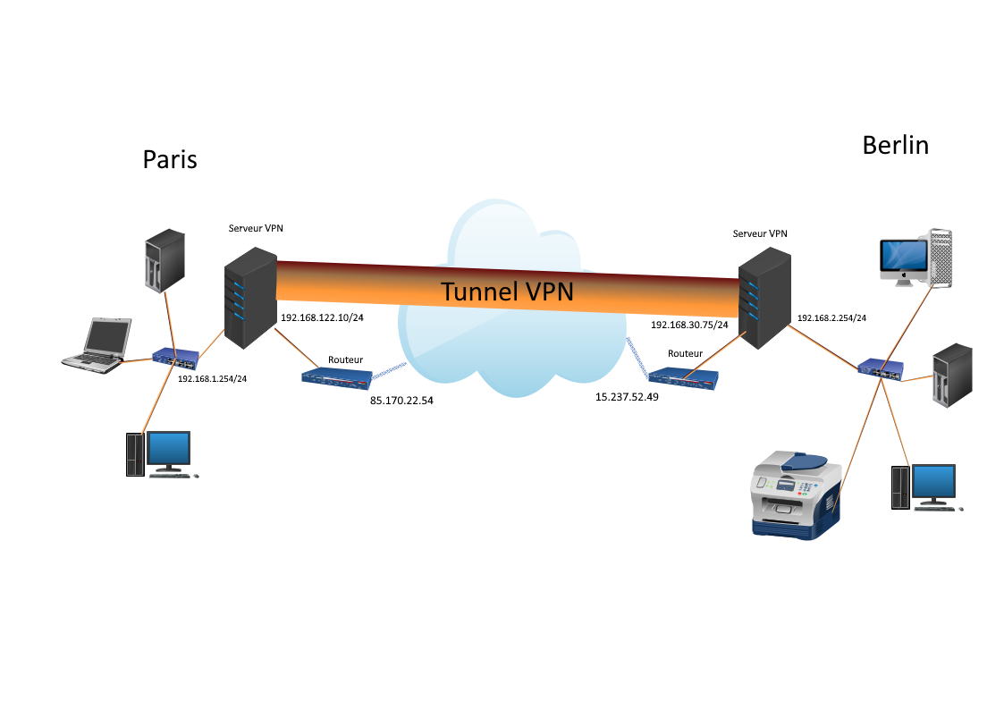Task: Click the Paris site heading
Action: pyautogui.click(x=170, y=160)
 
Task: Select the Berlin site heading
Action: pyautogui.click(x=895, y=145)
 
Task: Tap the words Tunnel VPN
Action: pyautogui.click(x=507, y=292)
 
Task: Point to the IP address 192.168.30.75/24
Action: pyautogui.click(x=689, y=325)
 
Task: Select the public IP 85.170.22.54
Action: pyautogui.click(x=401, y=401)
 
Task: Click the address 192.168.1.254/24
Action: pyautogui.click(x=212, y=379)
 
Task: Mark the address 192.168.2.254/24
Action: pyautogui.click(x=831, y=317)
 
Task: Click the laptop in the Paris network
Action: pyautogui.click(x=97, y=344)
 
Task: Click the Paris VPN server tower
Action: pyautogui.click(x=249, y=298)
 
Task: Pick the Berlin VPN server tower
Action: pyautogui.click(x=760, y=298)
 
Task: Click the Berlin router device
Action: pyautogui.click(x=684, y=379)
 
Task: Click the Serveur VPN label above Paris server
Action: pyautogui.click(x=256, y=228)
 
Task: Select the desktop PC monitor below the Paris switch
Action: pyautogui.click(x=168, y=450)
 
